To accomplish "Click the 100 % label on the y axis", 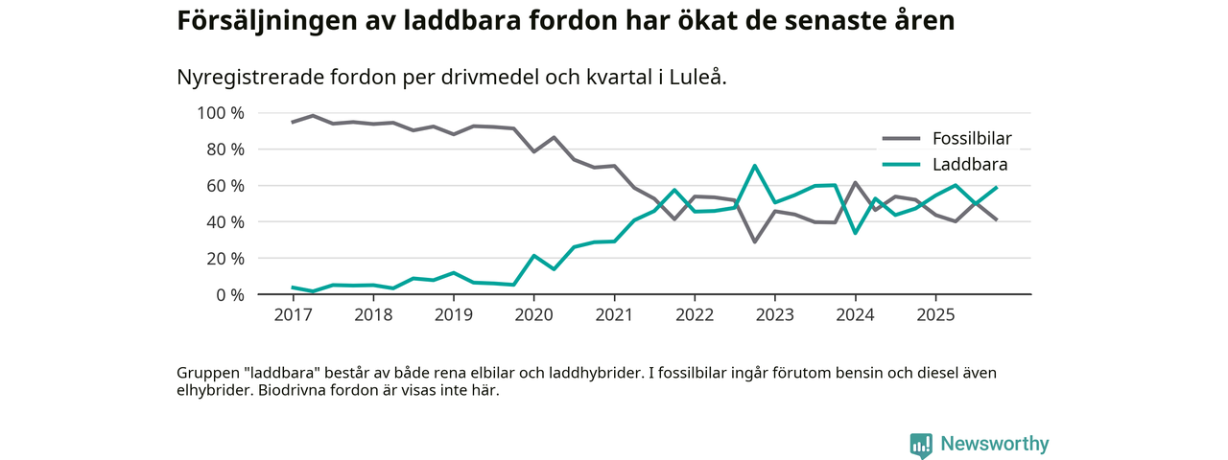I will pos(221,113).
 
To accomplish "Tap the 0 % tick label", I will pos(230,295).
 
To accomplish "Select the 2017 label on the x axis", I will pos(294,314).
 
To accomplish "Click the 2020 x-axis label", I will pos(533,314).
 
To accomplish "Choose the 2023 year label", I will pos(774,314).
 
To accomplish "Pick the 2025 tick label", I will pos(934,314).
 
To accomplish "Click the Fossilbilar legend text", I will pos(972,138).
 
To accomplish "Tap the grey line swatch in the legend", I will pos(901,138).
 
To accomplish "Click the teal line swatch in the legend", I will pos(901,165).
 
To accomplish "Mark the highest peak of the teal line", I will pos(755,166).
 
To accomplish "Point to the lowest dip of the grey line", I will pos(755,241).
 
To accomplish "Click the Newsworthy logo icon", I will pos(921,445).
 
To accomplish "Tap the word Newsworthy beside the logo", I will pos(995,444).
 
